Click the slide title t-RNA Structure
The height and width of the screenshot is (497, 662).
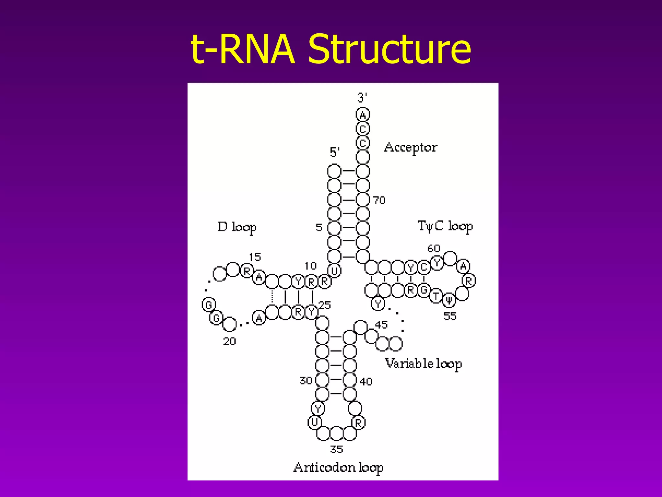331,49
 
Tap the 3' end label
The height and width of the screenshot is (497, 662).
362,97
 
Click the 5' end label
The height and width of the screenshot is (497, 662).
335,152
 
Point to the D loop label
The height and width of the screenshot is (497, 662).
237,227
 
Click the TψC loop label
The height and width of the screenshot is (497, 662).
445,226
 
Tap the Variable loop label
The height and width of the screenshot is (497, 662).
423,364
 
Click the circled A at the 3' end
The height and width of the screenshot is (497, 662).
363,115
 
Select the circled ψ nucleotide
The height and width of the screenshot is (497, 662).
449,300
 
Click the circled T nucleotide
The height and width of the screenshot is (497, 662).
436,296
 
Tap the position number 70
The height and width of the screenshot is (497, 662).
379,200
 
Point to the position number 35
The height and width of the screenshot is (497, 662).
336,449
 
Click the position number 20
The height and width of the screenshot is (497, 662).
230,341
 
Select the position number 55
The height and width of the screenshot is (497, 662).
450,316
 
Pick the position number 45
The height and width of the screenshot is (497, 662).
381,325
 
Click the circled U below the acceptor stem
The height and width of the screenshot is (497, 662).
335,271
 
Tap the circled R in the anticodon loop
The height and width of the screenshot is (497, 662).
358,423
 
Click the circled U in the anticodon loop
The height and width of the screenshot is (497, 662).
315,422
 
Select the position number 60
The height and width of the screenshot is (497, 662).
434,248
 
